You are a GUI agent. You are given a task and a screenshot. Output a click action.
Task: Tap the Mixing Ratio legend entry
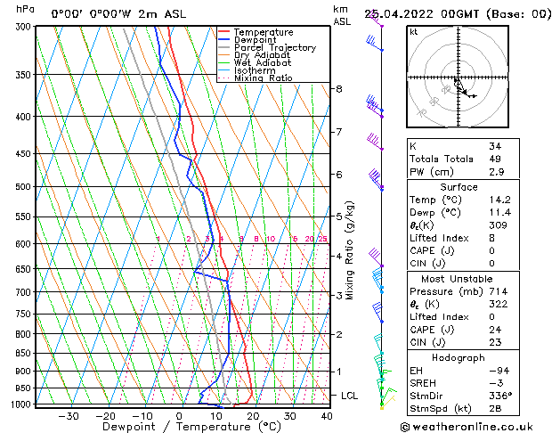click(264, 78)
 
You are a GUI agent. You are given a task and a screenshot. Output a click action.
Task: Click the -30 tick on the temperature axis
click(69, 416)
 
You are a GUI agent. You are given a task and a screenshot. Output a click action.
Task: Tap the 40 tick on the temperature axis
click(327, 416)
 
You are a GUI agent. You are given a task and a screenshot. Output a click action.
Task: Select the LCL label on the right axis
click(350, 396)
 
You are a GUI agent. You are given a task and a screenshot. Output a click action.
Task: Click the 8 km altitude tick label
click(338, 89)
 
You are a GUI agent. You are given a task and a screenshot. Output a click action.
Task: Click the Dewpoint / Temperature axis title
click(179, 427)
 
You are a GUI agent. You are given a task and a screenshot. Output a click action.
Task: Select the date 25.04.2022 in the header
click(402, 13)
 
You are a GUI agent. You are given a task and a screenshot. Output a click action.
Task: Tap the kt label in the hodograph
click(414, 31)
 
